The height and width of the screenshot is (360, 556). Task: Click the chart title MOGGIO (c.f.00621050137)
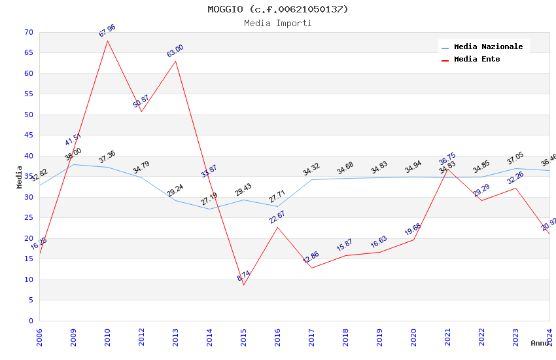278,9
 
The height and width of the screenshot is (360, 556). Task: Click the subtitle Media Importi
278,23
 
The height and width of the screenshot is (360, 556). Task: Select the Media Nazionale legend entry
488,46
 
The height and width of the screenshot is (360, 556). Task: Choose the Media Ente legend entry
477,59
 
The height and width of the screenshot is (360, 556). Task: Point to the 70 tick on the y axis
27,32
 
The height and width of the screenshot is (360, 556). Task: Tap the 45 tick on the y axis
27,135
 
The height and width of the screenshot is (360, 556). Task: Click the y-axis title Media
19,177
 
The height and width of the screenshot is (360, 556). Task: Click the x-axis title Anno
540,343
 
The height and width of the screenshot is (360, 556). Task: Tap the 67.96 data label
107,31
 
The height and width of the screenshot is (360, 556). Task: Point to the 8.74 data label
243,276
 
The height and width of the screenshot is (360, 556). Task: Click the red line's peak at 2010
107,41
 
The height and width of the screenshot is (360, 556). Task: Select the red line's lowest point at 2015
243,285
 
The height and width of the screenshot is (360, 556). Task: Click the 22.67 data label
277,217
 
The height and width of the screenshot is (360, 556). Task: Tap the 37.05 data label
515,159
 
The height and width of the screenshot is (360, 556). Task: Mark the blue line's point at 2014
209,209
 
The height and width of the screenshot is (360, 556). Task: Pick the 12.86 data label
311,257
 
